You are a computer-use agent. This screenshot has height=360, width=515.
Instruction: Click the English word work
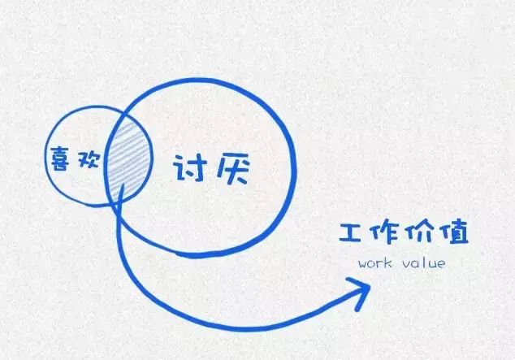pos(375,264)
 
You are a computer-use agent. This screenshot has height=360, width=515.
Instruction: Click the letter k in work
pos(388,264)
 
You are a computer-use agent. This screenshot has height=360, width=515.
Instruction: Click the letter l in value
pos(422,263)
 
